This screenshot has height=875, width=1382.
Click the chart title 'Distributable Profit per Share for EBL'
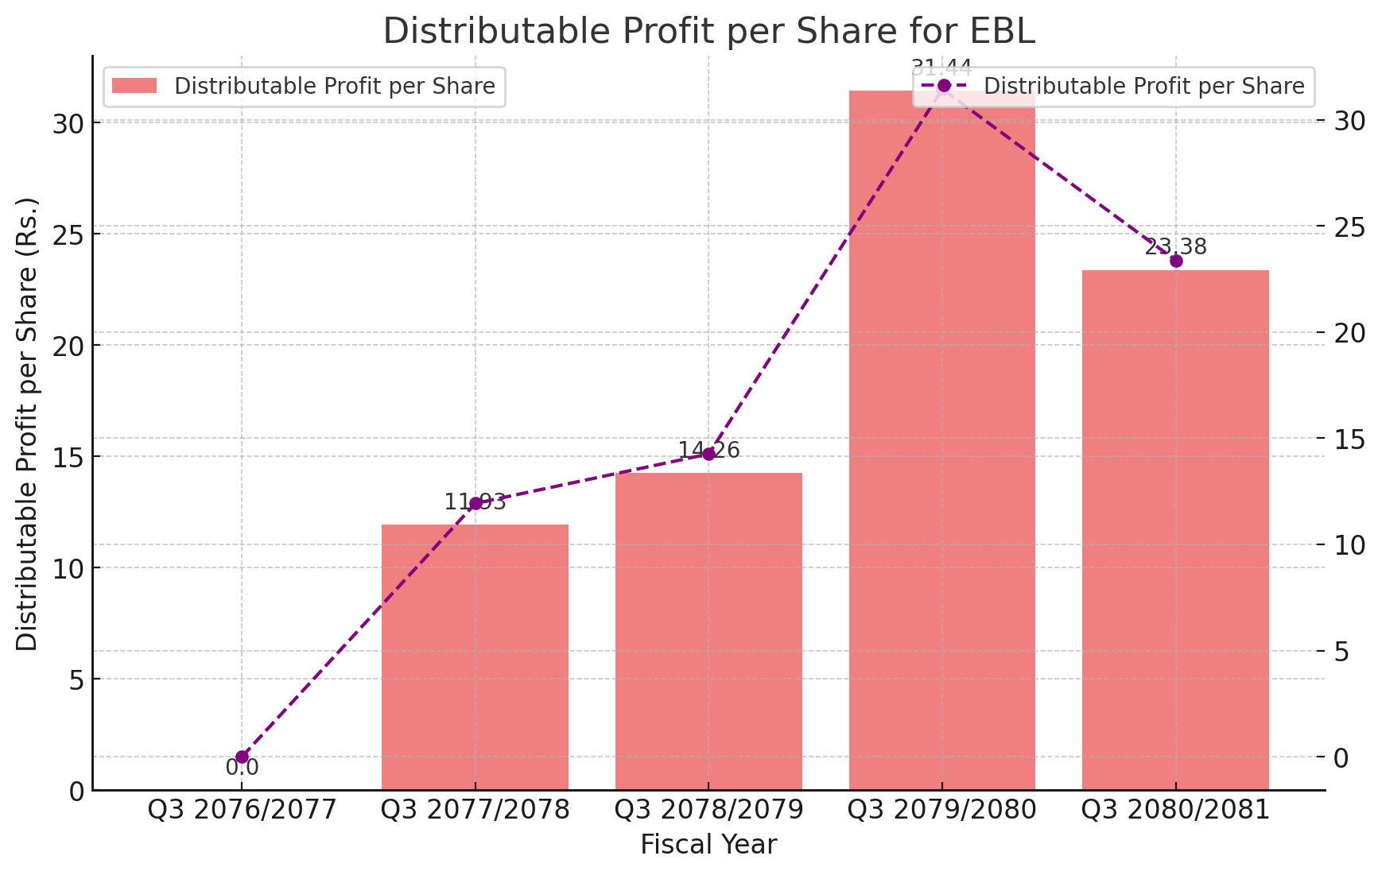coord(708,31)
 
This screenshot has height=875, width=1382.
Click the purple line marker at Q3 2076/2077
coord(242,757)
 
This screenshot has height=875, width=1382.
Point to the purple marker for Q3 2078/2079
coord(708,454)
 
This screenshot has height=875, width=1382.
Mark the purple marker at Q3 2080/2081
coord(1176,261)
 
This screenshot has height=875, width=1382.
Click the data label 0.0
coord(242,768)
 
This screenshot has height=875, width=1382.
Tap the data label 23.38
coord(1175,247)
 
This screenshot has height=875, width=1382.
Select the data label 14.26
coord(708,451)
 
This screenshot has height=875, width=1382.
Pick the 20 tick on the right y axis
coord(1349,333)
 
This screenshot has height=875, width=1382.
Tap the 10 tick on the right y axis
coord(1349,545)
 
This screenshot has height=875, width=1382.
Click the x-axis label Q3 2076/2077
coord(242,810)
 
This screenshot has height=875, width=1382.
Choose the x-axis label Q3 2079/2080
coord(941,810)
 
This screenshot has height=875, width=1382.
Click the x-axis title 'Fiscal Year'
coord(708,845)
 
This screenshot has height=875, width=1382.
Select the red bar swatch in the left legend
coord(134,86)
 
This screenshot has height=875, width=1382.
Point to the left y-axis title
coord(28,424)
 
